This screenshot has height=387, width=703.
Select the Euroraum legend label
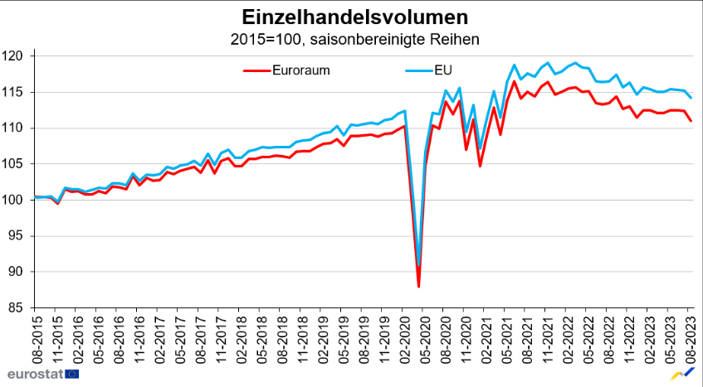pos(301,70)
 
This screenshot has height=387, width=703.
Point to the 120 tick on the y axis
pos(17,56)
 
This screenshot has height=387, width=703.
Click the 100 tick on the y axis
pos(17,200)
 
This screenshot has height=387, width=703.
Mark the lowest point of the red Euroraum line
pos(418,286)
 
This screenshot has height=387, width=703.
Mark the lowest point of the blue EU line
pos(419,264)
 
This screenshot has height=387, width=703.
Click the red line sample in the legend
pos(256,70)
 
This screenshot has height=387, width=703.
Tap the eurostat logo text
pos(32,374)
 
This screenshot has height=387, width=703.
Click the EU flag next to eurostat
pos(71,374)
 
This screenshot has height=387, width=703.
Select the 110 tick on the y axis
pos(17,128)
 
